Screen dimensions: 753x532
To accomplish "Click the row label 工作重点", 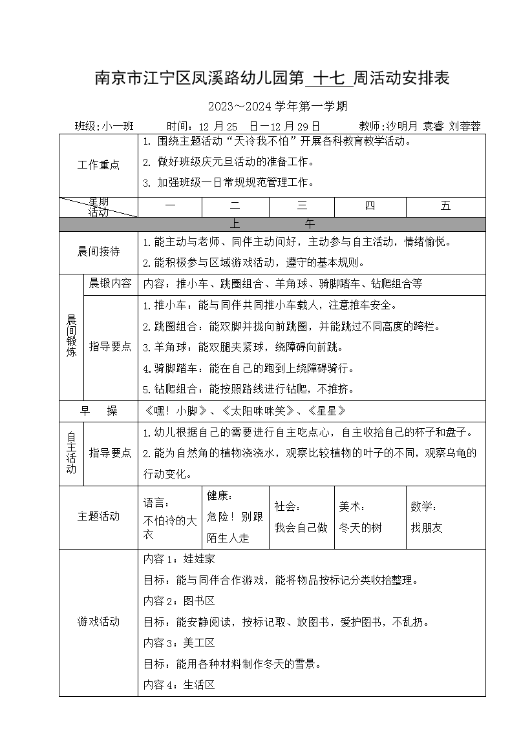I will coord(98,165).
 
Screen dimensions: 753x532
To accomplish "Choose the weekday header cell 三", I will coord(301,207).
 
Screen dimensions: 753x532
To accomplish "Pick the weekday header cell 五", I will coord(445,207).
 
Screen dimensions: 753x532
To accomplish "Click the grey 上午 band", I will coord(272,224).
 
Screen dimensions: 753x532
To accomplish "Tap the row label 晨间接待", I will coord(98,252).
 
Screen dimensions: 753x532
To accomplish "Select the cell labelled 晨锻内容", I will coord(110,284).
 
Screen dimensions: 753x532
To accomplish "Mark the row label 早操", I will coord(98,411).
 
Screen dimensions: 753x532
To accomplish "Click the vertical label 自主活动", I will coord(71,453).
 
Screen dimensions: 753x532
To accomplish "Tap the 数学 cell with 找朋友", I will coord(445,518).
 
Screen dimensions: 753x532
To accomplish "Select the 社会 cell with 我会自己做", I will coord(301,518).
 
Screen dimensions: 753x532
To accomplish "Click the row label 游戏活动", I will coord(98,622).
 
